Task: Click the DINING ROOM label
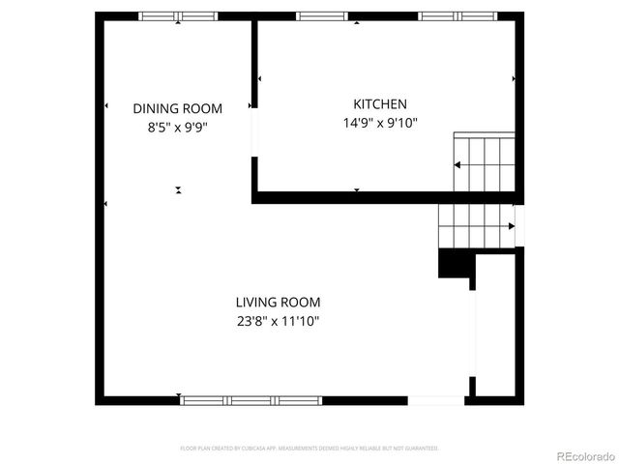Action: click(177, 108)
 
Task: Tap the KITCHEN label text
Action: click(380, 104)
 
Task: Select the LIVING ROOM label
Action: click(278, 303)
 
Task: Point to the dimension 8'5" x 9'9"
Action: click(177, 126)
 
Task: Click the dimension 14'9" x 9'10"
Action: click(380, 123)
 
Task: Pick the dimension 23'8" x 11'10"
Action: click(278, 321)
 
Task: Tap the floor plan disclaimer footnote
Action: click(309, 449)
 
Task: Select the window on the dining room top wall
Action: click(178, 16)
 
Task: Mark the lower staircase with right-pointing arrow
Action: click(476, 226)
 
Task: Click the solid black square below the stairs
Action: click(453, 263)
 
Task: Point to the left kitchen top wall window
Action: click(321, 16)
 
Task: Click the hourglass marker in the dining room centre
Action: click(178, 190)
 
